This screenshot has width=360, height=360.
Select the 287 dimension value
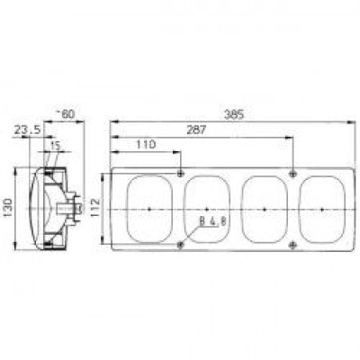coord(196,130)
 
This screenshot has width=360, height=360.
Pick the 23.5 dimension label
coord(28,130)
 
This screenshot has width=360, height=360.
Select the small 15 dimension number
coord(55,146)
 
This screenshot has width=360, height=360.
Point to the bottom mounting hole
coord(181,245)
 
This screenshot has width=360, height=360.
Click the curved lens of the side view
coord(36,208)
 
